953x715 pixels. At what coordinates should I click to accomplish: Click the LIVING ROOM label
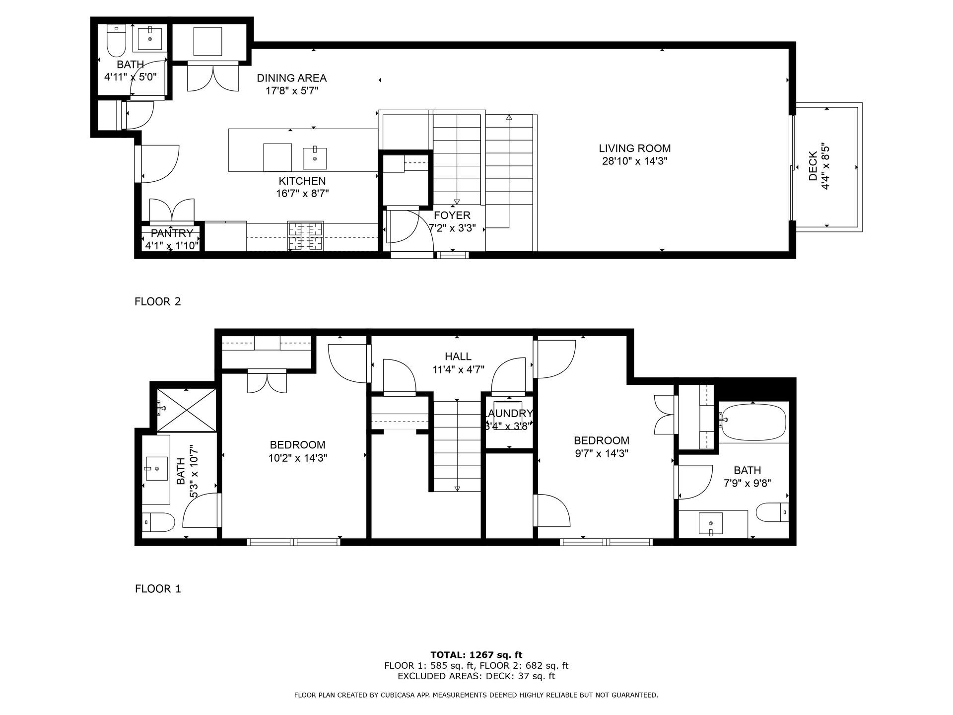[634, 148]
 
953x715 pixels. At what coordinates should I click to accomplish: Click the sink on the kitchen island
[315, 158]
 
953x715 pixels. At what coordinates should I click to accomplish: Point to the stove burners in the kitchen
[305, 236]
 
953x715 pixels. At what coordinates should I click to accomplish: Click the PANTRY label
[172, 233]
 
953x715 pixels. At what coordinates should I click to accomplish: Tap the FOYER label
[452, 215]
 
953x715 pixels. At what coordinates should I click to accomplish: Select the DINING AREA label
[291, 78]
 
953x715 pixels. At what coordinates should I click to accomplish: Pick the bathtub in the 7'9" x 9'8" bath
[754, 423]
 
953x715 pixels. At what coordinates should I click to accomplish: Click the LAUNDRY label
[509, 414]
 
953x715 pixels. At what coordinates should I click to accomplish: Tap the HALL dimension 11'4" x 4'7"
[458, 369]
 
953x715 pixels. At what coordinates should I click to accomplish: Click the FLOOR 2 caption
[158, 301]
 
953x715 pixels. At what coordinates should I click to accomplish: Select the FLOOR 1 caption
[158, 589]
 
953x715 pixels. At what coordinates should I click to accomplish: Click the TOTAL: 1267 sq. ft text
[476, 655]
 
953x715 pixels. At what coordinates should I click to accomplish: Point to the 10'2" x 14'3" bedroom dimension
[297, 458]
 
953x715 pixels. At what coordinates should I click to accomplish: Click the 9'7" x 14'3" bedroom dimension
[601, 453]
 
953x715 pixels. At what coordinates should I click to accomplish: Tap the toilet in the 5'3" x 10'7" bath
[159, 523]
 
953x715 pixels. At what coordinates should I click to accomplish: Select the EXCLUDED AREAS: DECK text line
[476, 676]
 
